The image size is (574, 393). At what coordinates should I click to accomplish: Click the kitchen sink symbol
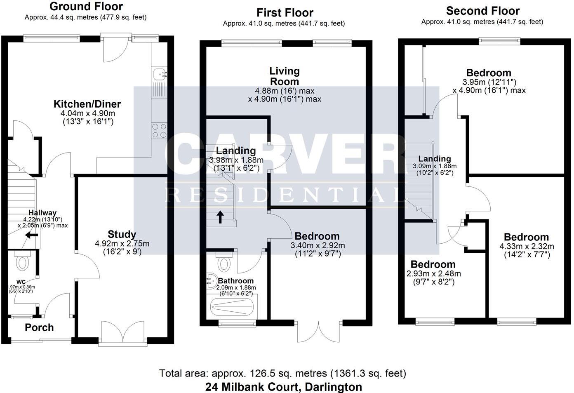[159, 75]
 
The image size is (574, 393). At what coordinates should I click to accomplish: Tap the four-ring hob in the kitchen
[159, 131]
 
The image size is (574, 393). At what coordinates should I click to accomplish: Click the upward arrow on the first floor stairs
[220, 217]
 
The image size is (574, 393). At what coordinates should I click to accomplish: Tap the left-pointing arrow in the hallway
[31, 235]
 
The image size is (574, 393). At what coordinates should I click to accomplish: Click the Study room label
[122, 234]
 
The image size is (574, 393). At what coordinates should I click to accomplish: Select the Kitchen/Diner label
[87, 104]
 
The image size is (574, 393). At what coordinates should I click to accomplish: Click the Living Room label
[285, 76]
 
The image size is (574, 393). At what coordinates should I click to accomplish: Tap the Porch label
[39, 327]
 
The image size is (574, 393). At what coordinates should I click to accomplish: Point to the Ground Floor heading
[86, 7]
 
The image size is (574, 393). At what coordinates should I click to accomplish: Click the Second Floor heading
[482, 11]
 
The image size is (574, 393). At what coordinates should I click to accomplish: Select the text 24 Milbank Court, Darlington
[283, 387]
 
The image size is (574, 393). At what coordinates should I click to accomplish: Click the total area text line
[282, 374]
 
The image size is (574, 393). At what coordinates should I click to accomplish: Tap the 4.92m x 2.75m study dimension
[122, 244]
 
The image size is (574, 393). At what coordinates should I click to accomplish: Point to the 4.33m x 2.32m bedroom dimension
[527, 246]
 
